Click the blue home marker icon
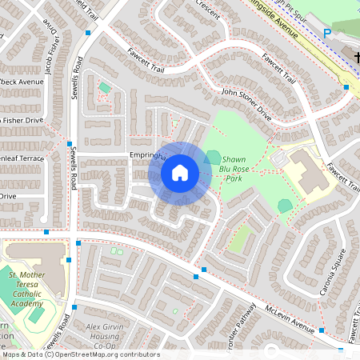click(x=180, y=173)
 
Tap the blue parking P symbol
click(x=326, y=33)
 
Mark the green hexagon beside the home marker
click(x=214, y=156)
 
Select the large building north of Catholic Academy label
click(x=36, y=257)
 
